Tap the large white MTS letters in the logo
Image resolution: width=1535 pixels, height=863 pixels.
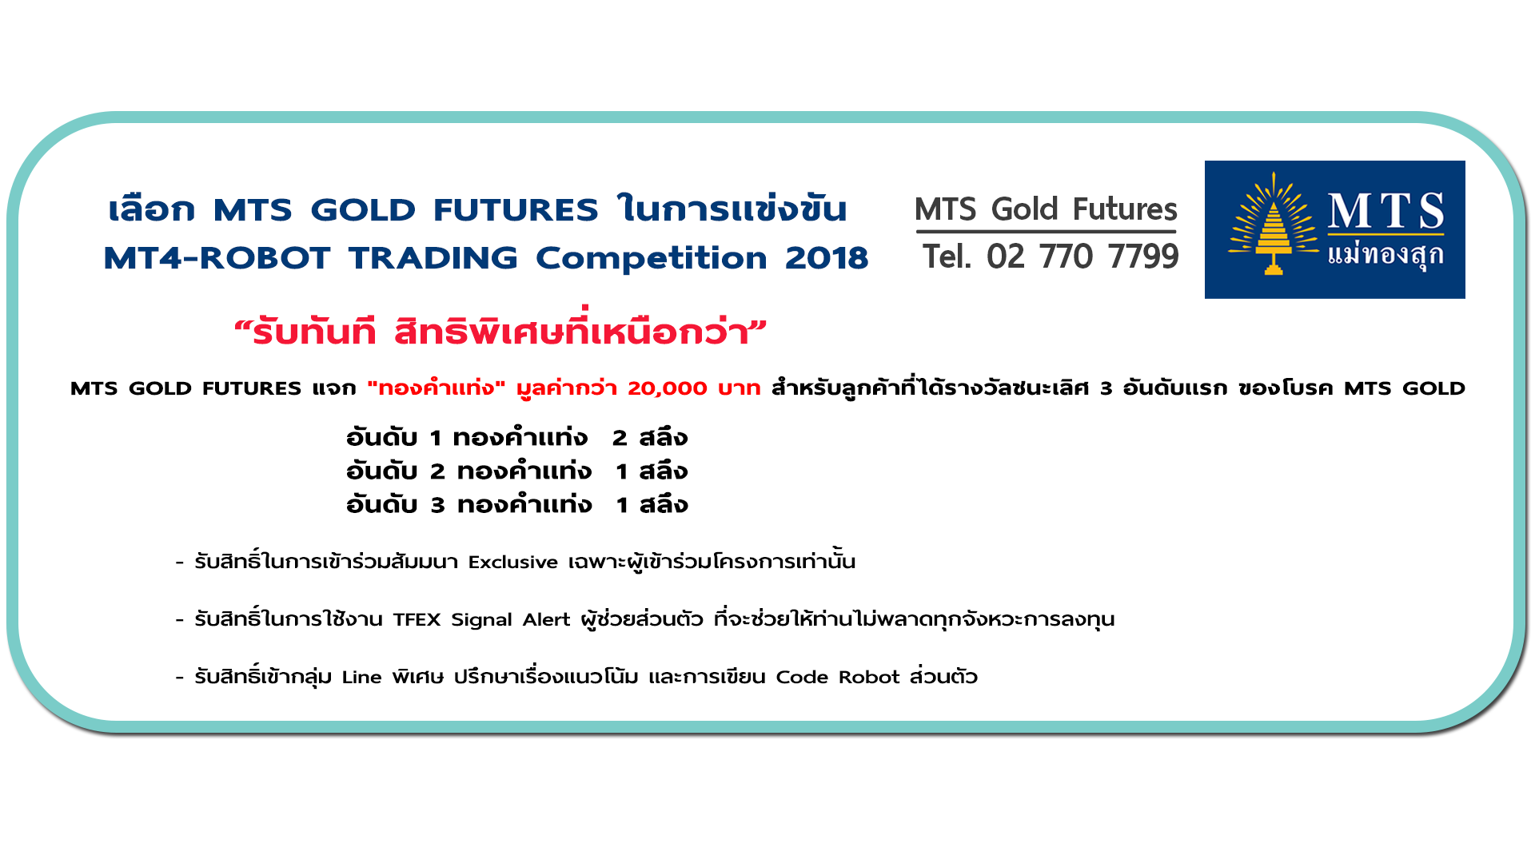coord(1385,210)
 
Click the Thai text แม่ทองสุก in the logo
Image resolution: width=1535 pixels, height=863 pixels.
coord(1385,255)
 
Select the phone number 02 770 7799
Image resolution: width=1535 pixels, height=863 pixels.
coord(1082,257)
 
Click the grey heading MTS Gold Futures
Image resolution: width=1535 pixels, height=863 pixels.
coord(1046,209)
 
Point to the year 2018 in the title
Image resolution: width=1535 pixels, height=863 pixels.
coord(827,258)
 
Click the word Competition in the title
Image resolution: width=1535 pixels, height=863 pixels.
coord(651,258)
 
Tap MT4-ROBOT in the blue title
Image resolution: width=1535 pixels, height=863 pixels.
coord(217,258)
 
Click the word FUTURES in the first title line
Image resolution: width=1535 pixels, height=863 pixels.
coord(516,210)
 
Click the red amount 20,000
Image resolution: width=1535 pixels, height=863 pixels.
coord(668,388)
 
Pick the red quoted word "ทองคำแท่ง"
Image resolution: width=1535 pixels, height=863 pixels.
coord(437,388)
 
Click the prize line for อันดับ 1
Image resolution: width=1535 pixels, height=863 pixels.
coord(517,438)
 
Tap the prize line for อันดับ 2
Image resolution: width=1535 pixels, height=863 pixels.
coord(517,471)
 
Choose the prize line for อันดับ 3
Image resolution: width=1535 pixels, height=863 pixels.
coord(517,505)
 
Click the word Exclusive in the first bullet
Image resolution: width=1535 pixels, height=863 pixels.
coord(513,563)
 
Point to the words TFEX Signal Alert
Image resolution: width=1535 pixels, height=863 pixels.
coord(481,620)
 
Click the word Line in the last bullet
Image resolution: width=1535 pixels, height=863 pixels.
coord(361,678)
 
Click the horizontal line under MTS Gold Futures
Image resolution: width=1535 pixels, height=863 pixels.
coord(1046,233)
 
